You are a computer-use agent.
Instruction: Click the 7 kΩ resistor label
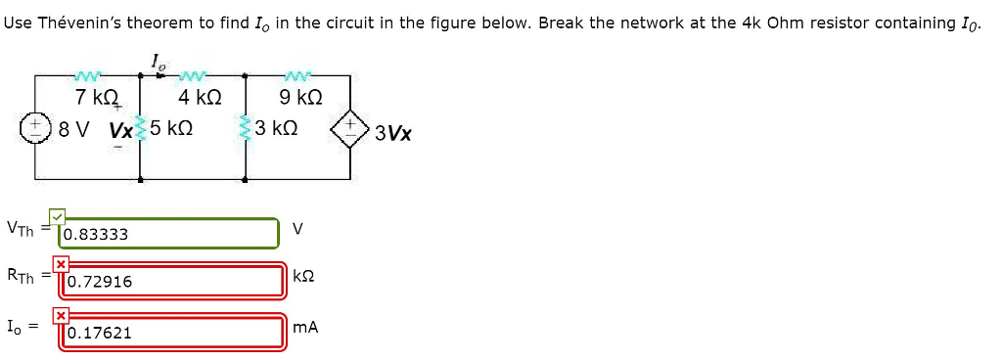[96, 98]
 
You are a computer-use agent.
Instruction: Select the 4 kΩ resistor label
[200, 98]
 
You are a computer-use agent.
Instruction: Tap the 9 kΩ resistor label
[300, 98]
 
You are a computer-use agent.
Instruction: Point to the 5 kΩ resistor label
[171, 129]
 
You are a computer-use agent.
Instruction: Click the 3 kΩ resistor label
[275, 129]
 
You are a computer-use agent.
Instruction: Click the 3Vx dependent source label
[392, 133]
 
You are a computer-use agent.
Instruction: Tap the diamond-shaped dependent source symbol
[350, 128]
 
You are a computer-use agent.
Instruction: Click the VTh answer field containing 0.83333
[170, 234]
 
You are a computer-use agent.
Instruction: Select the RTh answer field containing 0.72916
[172, 281]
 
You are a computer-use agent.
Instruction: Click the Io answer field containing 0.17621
[172, 332]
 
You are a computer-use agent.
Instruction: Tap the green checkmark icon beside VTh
[59, 216]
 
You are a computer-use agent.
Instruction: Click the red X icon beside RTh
[61, 264]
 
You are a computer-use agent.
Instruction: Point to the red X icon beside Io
[61, 315]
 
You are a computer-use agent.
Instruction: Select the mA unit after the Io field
[305, 327]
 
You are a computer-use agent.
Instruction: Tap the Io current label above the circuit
[159, 64]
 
